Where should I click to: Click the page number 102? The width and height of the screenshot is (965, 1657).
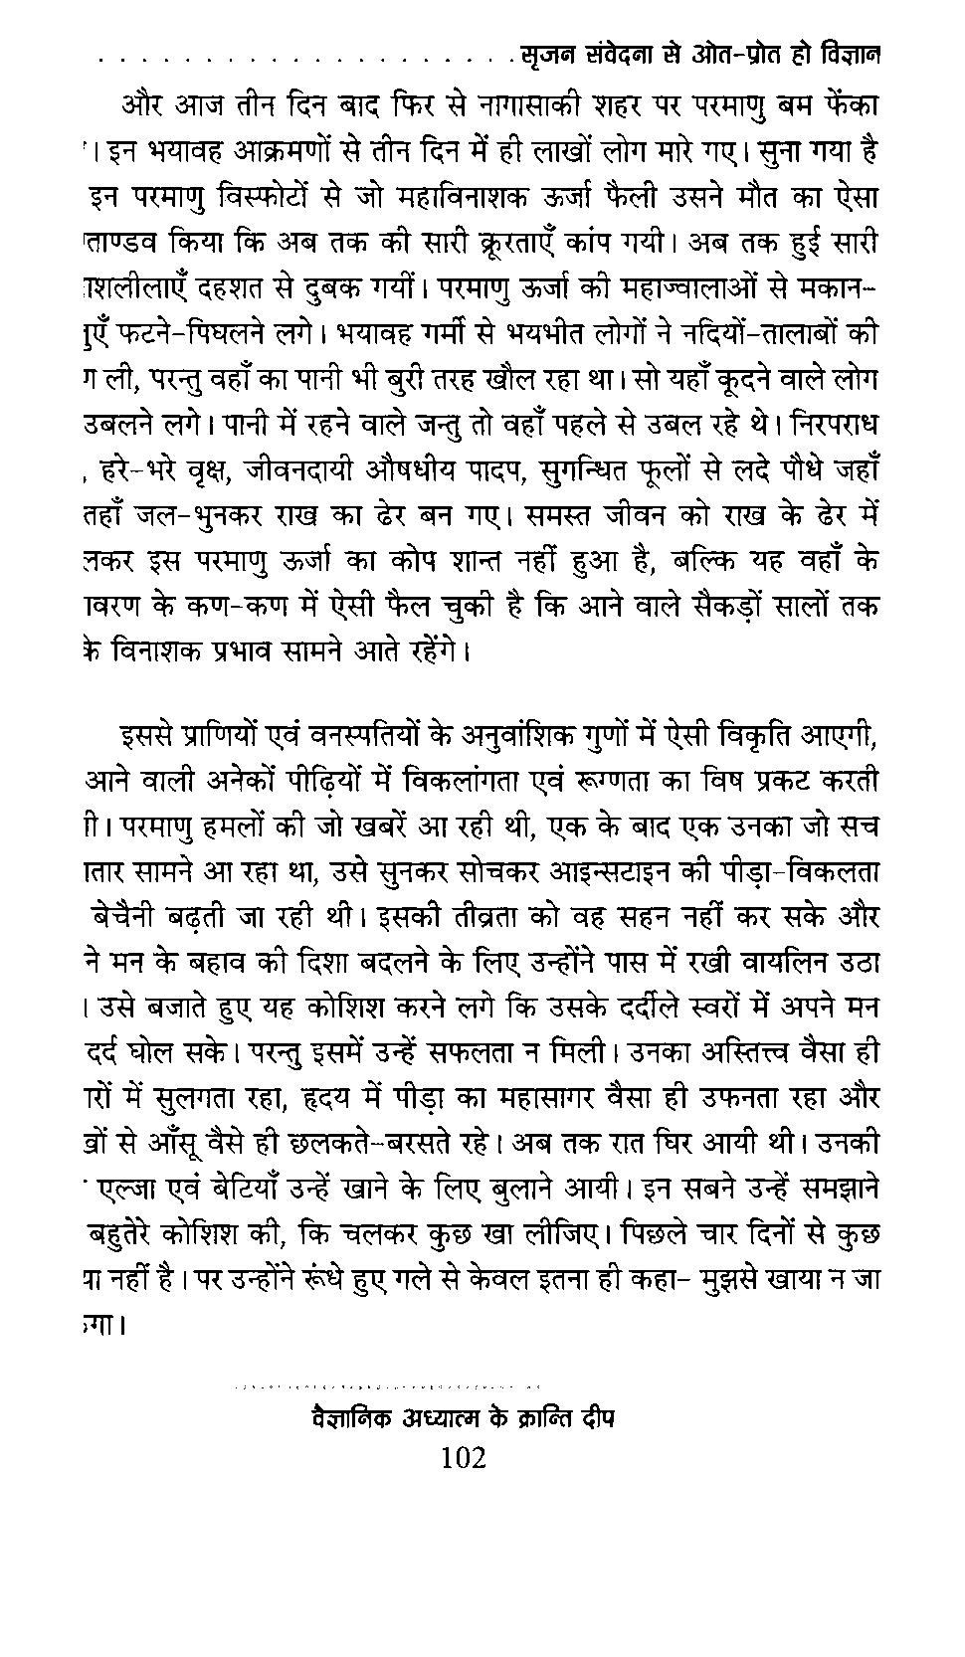tap(463, 1458)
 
